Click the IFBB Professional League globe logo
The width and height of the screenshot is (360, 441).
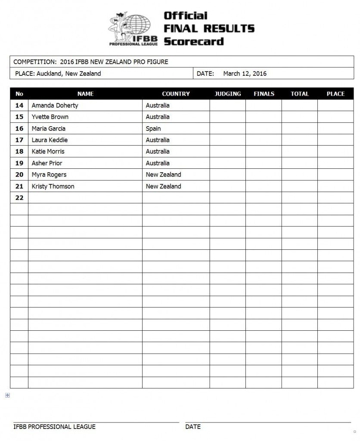pyautogui.click(x=133, y=28)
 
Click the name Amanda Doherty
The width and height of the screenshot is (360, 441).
pyautogui.click(x=55, y=106)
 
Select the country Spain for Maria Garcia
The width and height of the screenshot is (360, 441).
pyautogui.click(x=153, y=128)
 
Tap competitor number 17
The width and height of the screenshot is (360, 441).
pyautogui.click(x=19, y=140)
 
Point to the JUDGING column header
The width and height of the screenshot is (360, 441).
pyautogui.click(x=228, y=94)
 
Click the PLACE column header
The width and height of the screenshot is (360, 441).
pyautogui.click(x=335, y=94)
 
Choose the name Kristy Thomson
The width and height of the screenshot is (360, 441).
pyautogui.click(x=53, y=186)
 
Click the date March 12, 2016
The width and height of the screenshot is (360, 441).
pyautogui.click(x=245, y=74)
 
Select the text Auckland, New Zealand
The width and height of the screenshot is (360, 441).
pyautogui.click(x=69, y=74)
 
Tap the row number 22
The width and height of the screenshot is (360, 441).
pyautogui.click(x=19, y=198)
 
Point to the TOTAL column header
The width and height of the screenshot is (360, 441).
pyautogui.click(x=300, y=94)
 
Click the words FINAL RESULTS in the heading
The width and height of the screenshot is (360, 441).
pyautogui.click(x=209, y=29)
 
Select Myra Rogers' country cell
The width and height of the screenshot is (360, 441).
pyautogui.click(x=163, y=175)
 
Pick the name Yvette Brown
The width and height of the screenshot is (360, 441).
pyautogui.click(x=50, y=117)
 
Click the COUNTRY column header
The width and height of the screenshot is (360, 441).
pyautogui.click(x=176, y=94)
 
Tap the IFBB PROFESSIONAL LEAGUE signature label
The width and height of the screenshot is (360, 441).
pyautogui.click(x=55, y=427)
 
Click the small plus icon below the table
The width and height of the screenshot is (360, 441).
pyautogui.click(x=7, y=395)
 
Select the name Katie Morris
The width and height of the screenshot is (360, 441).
pyautogui.click(x=49, y=152)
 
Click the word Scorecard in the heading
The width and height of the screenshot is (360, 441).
pyautogui.click(x=193, y=42)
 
